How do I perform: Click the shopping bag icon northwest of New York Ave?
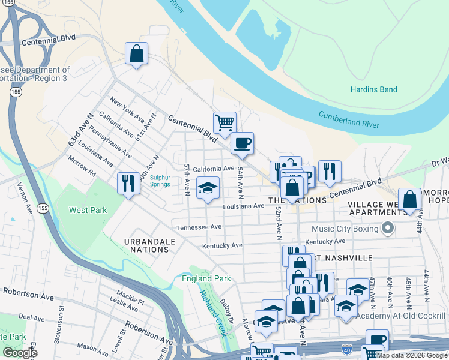[x=136, y=54]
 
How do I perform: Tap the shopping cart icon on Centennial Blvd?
[x=224, y=123]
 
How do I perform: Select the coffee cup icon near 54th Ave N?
[x=242, y=143]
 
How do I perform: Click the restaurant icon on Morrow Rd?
[x=128, y=184]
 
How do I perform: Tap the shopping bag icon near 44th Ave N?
[x=409, y=200]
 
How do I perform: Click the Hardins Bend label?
[x=374, y=89]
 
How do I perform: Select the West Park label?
[x=88, y=211]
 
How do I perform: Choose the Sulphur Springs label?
[x=160, y=181]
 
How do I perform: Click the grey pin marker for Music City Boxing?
[x=387, y=228]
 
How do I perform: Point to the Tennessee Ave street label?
[x=199, y=227]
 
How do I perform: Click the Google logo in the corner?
[x=20, y=353]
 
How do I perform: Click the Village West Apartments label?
[x=373, y=208]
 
